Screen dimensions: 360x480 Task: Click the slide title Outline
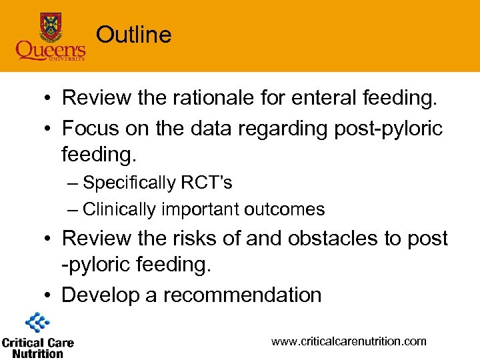pos(133,35)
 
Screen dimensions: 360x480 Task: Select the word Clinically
pos(119,209)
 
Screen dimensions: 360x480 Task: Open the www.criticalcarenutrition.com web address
pos(348,341)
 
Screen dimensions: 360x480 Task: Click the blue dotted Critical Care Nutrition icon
pos(37,324)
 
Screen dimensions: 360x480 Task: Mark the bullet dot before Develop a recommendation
pos(49,295)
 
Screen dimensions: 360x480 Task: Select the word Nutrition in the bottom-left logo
pos(37,353)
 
